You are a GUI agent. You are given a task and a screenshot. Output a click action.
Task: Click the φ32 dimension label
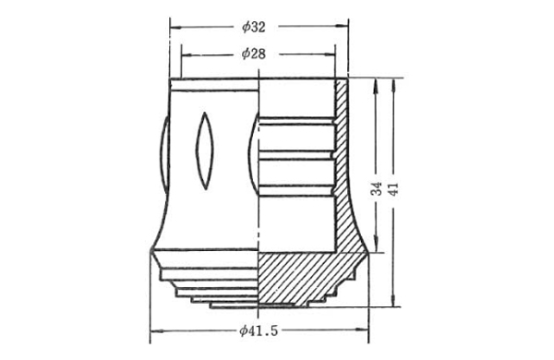254,27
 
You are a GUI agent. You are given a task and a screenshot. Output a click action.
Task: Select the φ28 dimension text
254,54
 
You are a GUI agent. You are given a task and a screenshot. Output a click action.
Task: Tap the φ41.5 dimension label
259,330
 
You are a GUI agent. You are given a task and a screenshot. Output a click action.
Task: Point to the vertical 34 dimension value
377,188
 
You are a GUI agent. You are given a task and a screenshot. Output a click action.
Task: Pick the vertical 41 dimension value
393,188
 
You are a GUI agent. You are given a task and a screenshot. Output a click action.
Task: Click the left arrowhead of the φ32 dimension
175,27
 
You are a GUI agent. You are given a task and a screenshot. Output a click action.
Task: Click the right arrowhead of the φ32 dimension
342,26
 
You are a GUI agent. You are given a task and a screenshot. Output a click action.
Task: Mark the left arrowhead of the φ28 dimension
187,55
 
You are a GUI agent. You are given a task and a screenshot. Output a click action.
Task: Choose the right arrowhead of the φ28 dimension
329,54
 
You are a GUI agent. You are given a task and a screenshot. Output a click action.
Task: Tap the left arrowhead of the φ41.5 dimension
157,331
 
